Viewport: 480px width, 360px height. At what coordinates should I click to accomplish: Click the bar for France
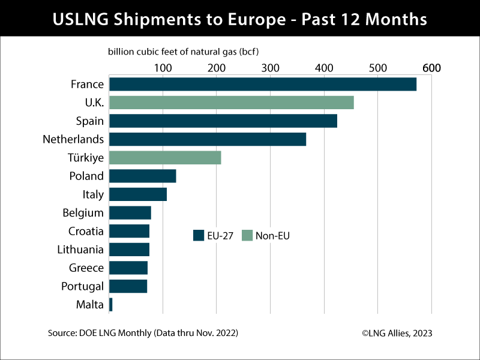(x=262, y=85)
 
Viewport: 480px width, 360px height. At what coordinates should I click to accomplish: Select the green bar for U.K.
(x=231, y=103)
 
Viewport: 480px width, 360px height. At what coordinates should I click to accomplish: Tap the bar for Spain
(x=223, y=121)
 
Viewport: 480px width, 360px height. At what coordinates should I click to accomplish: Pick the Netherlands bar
(x=207, y=139)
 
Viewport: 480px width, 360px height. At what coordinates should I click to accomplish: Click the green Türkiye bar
(x=165, y=158)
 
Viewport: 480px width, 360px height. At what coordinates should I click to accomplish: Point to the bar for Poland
(x=142, y=176)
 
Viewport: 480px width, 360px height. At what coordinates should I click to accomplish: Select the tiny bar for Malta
(x=111, y=305)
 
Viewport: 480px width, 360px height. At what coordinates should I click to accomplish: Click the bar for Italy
(x=137, y=194)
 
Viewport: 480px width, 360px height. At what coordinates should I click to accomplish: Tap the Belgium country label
(x=83, y=213)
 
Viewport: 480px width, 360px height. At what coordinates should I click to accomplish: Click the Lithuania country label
(x=80, y=250)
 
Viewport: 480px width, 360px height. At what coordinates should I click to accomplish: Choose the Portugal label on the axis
(x=82, y=286)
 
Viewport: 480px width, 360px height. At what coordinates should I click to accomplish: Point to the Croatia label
(x=86, y=231)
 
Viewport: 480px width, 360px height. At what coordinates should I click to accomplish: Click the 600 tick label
(x=431, y=68)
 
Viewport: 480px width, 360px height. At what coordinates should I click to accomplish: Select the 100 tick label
(x=163, y=68)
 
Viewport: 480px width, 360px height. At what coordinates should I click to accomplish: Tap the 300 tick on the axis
(x=270, y=68)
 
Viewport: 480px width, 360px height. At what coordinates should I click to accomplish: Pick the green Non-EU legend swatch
(x=247, y=235)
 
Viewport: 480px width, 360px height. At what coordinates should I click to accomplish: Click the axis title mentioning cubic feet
(x=187, y=52)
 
